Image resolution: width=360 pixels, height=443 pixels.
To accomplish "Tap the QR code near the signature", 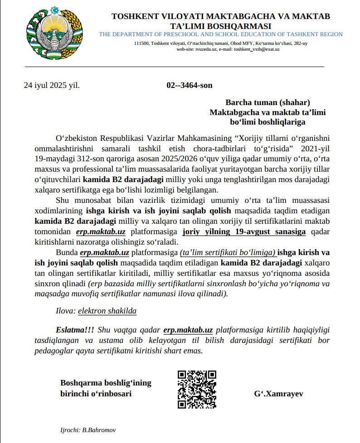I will point(196,389).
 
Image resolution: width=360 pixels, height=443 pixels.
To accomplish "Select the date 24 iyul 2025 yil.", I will point(51,85).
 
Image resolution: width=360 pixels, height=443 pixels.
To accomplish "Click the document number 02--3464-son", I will point(190,85).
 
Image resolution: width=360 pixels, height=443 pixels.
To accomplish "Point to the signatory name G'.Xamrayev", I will point(278,394).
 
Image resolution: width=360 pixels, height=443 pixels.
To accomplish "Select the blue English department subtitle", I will point(221,34).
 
